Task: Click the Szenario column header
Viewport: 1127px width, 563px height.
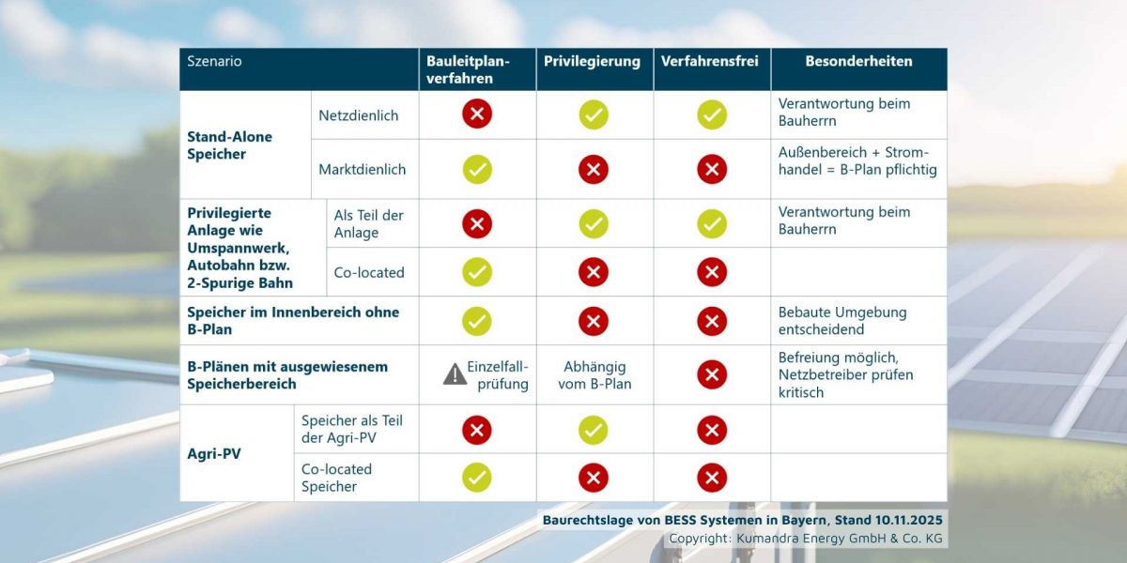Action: pyautogui.click(x=214, y=61)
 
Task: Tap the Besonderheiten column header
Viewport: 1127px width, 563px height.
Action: pyautogui.click(x=858, y=61)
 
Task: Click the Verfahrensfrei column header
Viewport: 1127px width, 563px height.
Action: pyautogui.click(x=711, y=61)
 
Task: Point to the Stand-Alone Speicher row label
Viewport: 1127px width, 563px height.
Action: pyautogui.click(x=229, y=145)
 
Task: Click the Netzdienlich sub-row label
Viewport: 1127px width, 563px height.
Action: pyautogui.click(x=359, y=115)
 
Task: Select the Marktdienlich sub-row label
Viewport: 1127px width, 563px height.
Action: pyautogui.click(x=363, y=169)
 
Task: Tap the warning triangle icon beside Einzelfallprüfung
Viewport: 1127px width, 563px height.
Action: pyautogui.click(x=455, y=374)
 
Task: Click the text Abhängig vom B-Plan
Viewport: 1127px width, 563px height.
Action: pyautogui.click(x=594, y=375)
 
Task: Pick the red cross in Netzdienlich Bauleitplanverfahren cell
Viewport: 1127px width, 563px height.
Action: pyautogui.click(x=477, y=114)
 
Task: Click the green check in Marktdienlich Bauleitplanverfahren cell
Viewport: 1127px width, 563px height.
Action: pyautogui.click(x=477, y=169)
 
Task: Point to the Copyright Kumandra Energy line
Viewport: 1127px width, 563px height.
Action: pyautogui.click(x=805, y=539)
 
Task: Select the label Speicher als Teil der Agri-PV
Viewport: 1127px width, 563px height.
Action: pyautogui.click(x=351, y=430)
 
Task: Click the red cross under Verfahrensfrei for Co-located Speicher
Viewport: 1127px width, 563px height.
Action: pyautogui.click(x=712, y=478)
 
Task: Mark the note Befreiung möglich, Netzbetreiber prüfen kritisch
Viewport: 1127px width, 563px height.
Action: pyautogui.click(x=845, y=374)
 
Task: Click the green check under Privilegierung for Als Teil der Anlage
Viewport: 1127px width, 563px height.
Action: pyautogui.click(x=594, y=223)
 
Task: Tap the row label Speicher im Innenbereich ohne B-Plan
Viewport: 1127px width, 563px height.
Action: pyautogui.click(x=293, y=321)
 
